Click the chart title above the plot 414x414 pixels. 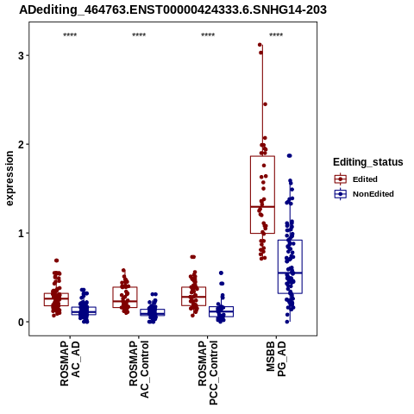tap(172, 9)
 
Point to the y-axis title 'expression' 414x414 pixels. tap(9, 179)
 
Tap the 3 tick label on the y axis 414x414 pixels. tap(21, 55)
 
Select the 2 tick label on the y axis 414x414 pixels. tap(21, 144)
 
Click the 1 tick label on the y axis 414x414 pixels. tap(21, 233)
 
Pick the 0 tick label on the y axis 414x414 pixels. tap(21, 322)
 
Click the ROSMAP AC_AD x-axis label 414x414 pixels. tap(70, 363)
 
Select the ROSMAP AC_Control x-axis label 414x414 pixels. tap(139, 369)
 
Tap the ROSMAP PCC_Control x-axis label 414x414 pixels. tap(208, 373)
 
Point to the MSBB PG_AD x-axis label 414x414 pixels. tap(276, 359)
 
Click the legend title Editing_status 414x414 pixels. tap(368, 162)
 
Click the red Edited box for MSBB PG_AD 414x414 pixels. tap(262, 195)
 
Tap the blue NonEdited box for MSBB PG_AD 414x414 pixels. tap(290, 267)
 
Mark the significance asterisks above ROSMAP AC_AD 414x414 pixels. tap(70, 35)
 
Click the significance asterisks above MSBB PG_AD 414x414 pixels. tap(276, 35)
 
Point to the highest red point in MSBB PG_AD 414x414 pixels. tap(260, 45)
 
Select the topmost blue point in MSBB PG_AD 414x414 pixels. tap(290, 156)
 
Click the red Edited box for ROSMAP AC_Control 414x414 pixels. tap(125, 298)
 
